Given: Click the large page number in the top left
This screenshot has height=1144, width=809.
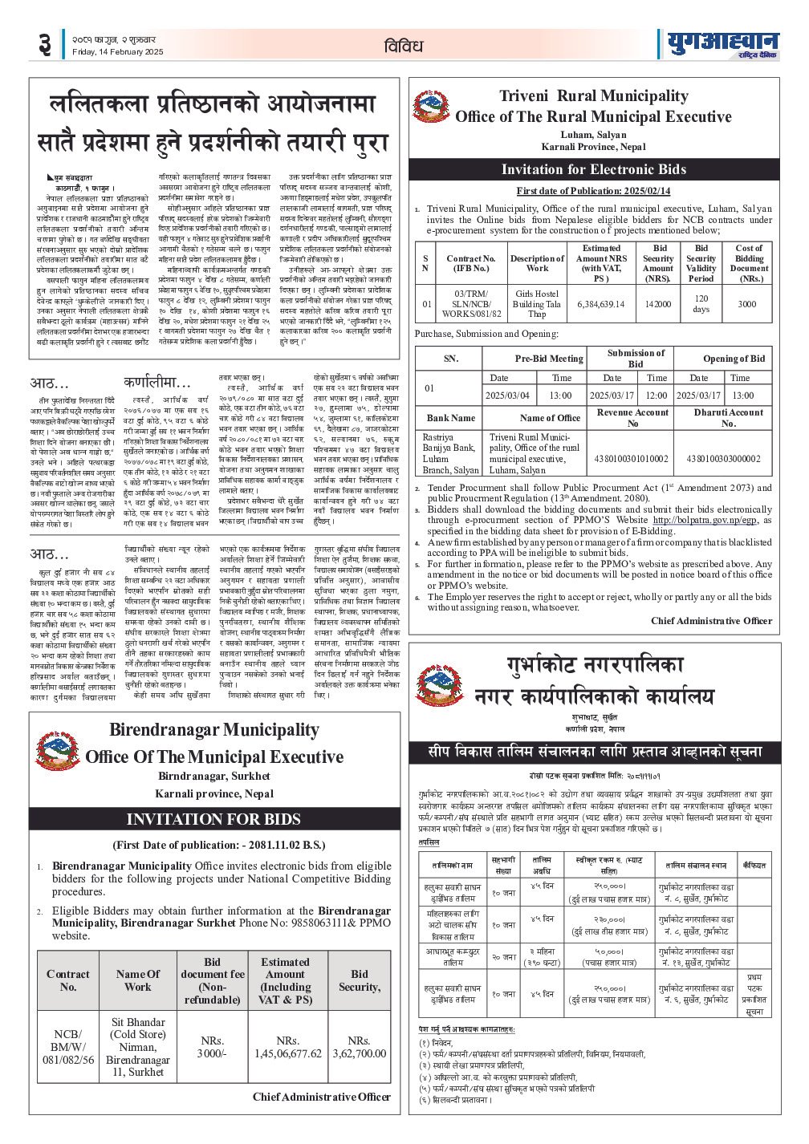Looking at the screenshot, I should click(x=45, y=46).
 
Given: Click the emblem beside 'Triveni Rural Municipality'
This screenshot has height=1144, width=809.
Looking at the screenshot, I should click(x=431, y=108).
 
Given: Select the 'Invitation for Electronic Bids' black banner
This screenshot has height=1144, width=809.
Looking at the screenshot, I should click(x=594, y=169).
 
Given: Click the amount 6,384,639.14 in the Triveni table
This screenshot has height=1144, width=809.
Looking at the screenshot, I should click(x=600, y=304).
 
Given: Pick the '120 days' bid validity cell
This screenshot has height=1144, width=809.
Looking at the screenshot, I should click(x=701, y=303).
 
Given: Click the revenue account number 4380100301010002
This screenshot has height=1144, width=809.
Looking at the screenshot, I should click(x=632, y=459).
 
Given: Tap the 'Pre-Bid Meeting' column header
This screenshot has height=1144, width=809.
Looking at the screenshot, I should click(x=549, y=359).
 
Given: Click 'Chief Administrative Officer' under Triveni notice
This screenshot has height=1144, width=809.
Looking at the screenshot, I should click(x=711, y=621).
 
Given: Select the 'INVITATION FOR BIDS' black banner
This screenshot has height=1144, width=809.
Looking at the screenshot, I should click(x=213, y=819).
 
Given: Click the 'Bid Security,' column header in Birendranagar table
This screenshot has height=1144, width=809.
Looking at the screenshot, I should click(x=359, y=980).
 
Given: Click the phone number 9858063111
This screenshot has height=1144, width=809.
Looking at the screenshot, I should click(x=298, y=923).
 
